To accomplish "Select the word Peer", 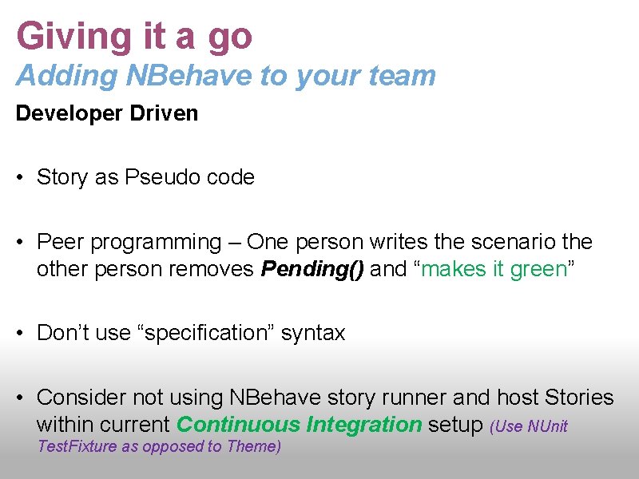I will (x=58, y=241).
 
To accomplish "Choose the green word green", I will (x=539, y=270).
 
